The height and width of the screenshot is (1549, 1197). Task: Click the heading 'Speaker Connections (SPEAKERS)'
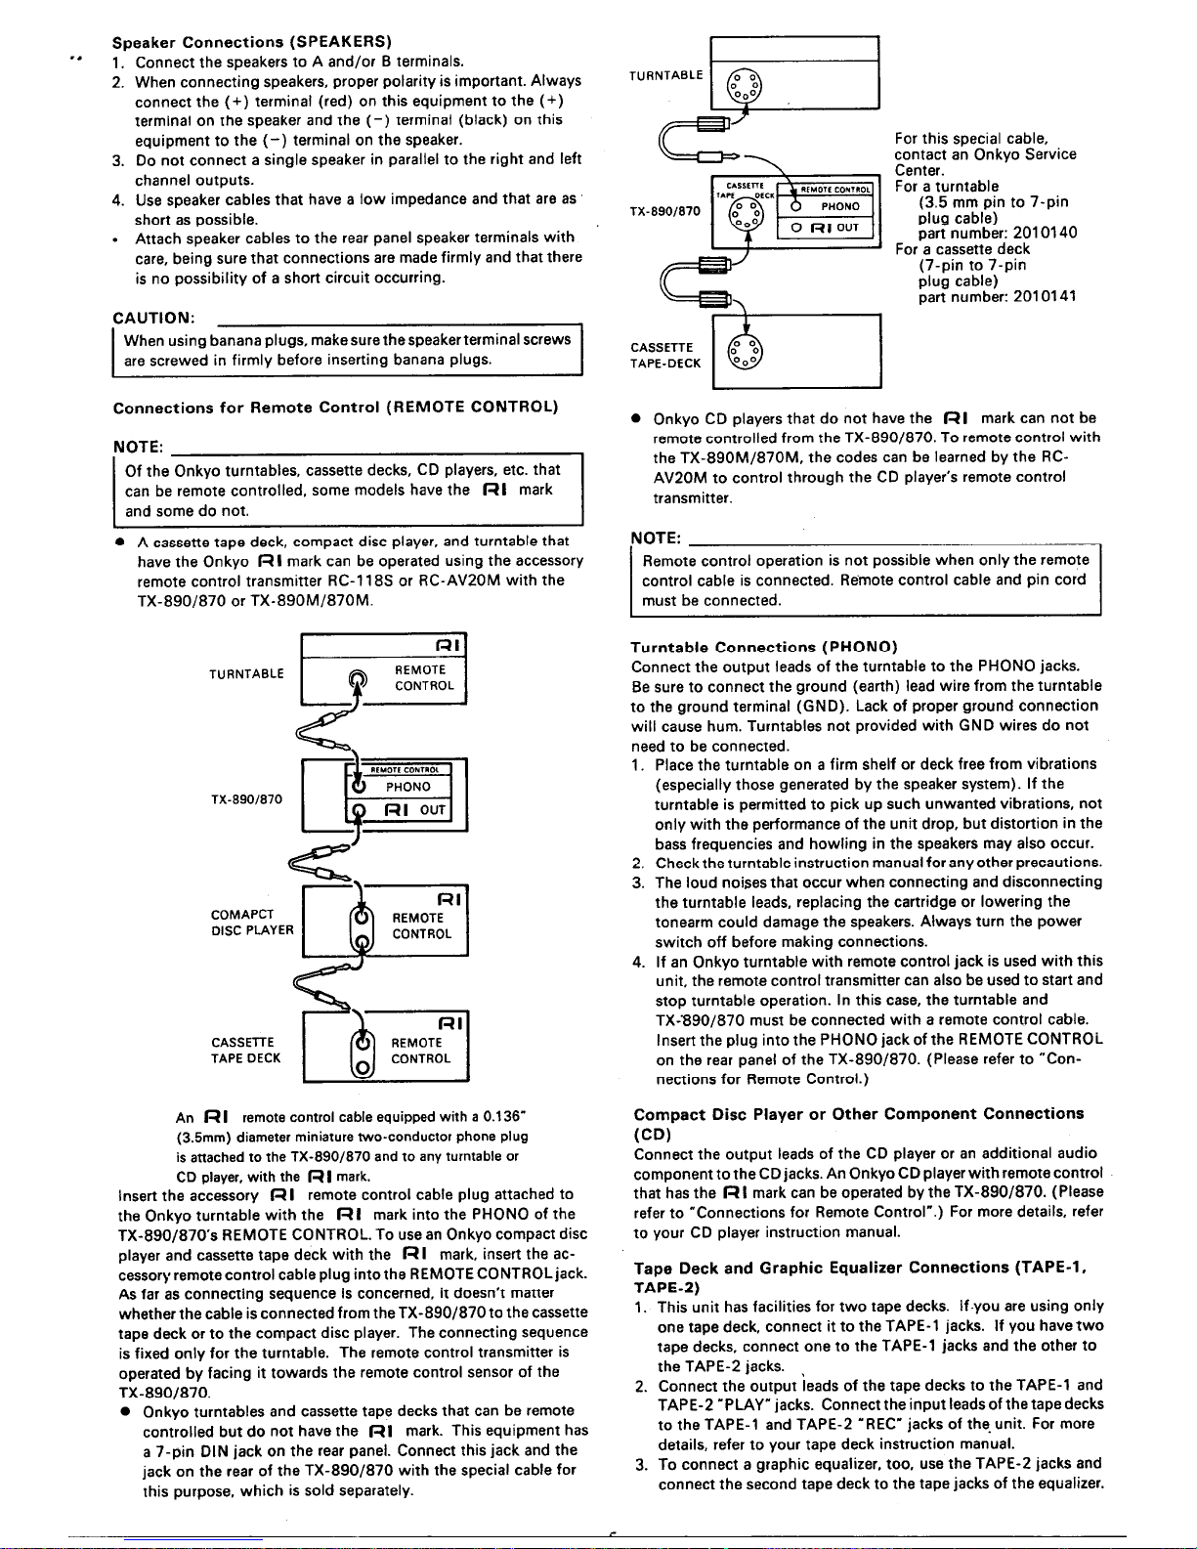[253, 42]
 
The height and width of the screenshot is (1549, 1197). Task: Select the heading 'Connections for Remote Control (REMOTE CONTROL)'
[336, 407]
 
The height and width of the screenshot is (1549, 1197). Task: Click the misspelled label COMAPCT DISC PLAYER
[252, 923]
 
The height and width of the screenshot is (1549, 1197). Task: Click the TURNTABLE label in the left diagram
[246, 673]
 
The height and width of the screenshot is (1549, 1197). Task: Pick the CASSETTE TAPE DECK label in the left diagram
[246, 1050]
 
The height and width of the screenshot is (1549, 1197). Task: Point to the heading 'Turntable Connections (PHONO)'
[764, 647]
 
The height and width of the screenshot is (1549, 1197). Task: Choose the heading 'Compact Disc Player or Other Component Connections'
[858, 1114]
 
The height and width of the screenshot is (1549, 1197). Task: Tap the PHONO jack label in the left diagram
[407, 787]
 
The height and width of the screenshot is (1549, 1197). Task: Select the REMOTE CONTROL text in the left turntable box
[424, 677]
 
